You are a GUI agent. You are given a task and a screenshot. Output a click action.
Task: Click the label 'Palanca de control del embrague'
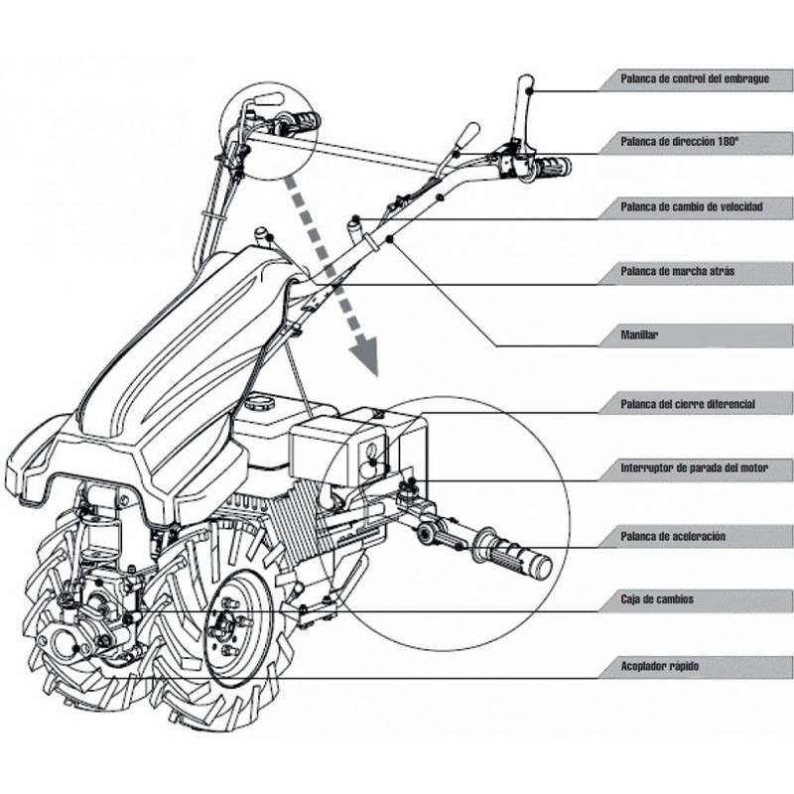click(x=692, y=77)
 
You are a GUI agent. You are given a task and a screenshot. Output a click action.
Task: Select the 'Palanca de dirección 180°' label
click(x=679, y=142)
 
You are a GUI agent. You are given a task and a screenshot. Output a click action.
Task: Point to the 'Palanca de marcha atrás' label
click(x=677, y=271)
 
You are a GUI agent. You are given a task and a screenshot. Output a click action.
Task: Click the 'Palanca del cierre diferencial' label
click(x=687, y=404)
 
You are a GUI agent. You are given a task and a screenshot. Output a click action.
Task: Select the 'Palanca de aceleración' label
click(x=672, y=536)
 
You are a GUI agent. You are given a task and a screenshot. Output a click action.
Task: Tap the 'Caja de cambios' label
click(x=657, y=600)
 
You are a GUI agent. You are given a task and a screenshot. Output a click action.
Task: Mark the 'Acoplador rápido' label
click(x=659, y=666)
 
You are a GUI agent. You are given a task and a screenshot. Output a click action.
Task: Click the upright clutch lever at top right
click(x=524, y=109)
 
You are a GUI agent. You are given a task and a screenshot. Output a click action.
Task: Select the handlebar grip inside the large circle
click(x=513, y=554)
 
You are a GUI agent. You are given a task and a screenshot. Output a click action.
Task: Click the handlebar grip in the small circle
click(x=299, y=124)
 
